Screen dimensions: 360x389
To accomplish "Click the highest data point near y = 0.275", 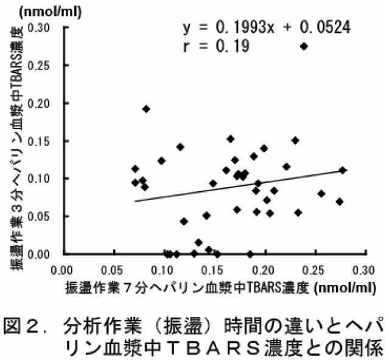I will tap(304, 46).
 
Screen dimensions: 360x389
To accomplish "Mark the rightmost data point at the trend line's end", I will tap(343, 170).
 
